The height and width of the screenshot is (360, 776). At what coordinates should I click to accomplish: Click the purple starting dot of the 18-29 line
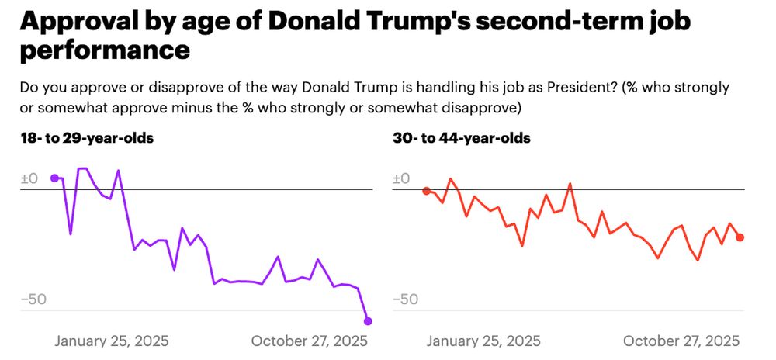[x=54, y=178]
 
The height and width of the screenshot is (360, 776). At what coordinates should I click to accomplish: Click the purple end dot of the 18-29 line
[x=368, y=321]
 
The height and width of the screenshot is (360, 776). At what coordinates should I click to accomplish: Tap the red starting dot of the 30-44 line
[x=426, y=191]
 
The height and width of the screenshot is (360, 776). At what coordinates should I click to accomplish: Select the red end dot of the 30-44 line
[x=740, y=237]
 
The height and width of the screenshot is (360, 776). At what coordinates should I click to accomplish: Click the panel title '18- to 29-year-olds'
[x=87, y=139]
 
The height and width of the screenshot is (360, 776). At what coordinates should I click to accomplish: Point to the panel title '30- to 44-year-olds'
[x=462, y=139]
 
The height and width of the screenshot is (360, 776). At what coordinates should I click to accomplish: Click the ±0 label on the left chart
[x=29, y=179]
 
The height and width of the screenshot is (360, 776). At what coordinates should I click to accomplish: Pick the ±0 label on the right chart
[x=401, y=179]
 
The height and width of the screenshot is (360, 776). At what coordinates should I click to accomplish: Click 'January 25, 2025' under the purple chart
[x=111, y=341]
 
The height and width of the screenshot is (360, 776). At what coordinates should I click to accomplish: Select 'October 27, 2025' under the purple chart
[x=310, y=341]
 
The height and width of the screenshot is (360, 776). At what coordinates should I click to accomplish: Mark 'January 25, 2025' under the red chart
[x=483, y=341]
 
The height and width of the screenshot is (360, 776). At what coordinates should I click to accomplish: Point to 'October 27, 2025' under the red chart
[x=681, y=341]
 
